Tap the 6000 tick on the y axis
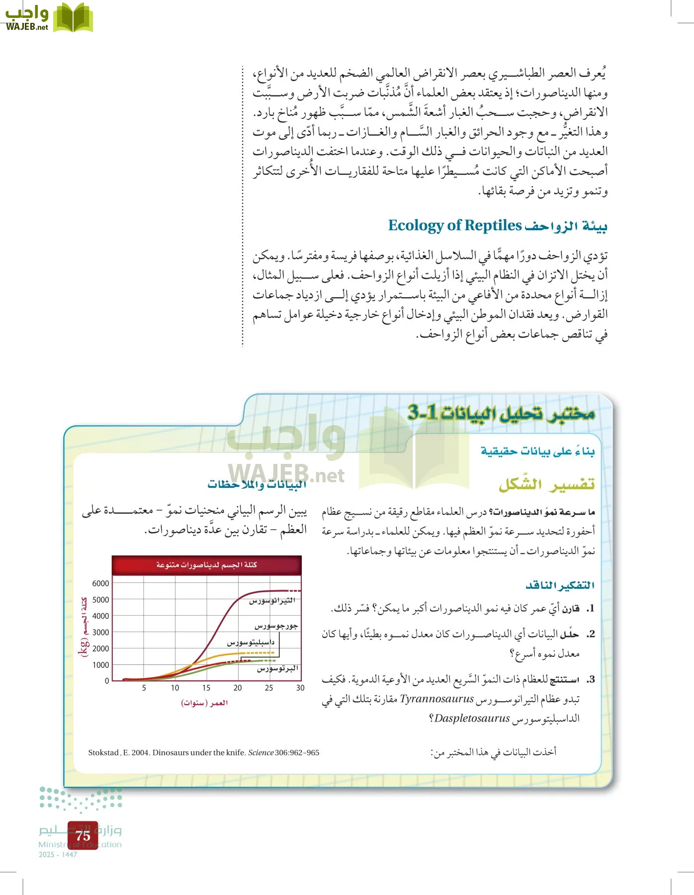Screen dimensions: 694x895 tap(100, 583)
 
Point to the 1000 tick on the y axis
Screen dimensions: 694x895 tap(100, 665)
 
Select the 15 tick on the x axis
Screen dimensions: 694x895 tap(206, 688)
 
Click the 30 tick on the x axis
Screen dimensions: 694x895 tap(300, 688)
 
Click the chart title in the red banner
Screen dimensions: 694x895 tap(206, 565)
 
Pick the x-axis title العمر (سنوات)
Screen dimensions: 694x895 tap(204, 703)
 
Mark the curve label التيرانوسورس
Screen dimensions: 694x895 tap(272, 601)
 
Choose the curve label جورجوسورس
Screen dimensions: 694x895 tap(276, 626)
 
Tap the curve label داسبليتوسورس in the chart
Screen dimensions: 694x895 tap(251, 642)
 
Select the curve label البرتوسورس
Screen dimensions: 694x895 tap(277, 669)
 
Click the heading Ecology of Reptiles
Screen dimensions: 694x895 tap(454, 225)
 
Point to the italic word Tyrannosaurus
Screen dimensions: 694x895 tap(436, 699)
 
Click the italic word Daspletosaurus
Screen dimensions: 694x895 tap(472, 718)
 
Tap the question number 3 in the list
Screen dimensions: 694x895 tap(590, 679)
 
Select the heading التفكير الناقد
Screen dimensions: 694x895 tap(560, 585)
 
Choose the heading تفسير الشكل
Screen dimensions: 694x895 tap(546, 484)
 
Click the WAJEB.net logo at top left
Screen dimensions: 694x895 tap(48, 17)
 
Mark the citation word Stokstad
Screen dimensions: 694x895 tap(103, 753)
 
